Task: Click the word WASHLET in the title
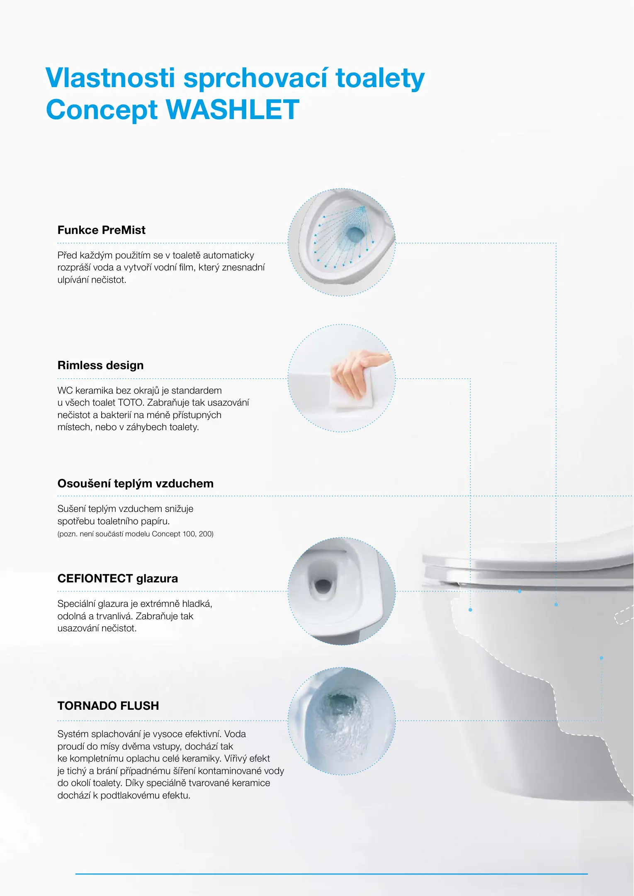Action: click(x=233, y=110)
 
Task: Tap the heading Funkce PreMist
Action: click(x=102, y=230)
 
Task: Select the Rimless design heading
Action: click(x=101, y=365)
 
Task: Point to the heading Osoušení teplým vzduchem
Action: click(x=136, y=484)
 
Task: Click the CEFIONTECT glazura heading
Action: click(x=118, y=578)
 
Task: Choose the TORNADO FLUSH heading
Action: click(x=108, y=706)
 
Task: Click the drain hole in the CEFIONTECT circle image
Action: click(x=323, y=586)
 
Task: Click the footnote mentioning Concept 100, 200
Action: click(x=136, y=534)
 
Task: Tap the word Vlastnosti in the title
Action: click(x=110, y=78)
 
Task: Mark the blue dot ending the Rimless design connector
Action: click(x=470, y=610)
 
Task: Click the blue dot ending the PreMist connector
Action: click(x=556, y=604)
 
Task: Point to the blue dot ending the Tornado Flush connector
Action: click(x=601, y=658)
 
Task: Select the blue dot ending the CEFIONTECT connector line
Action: click(x=520, y=591)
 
